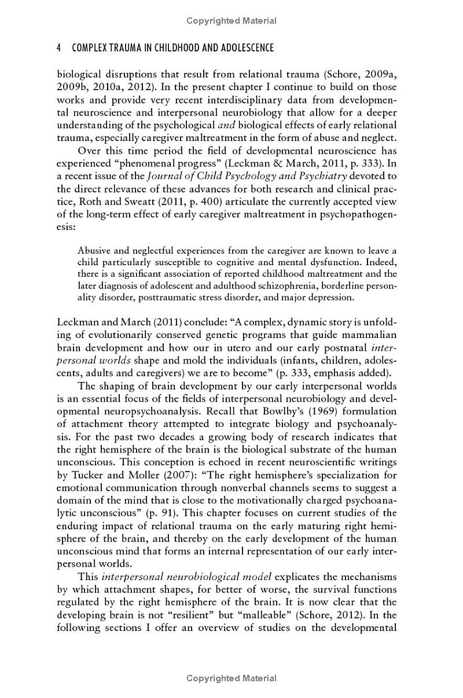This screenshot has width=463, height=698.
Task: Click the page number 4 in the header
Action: coord(59,47)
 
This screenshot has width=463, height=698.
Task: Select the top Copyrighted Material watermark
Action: coord(231,21)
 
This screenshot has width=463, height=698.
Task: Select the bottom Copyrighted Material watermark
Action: coord(231,678)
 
